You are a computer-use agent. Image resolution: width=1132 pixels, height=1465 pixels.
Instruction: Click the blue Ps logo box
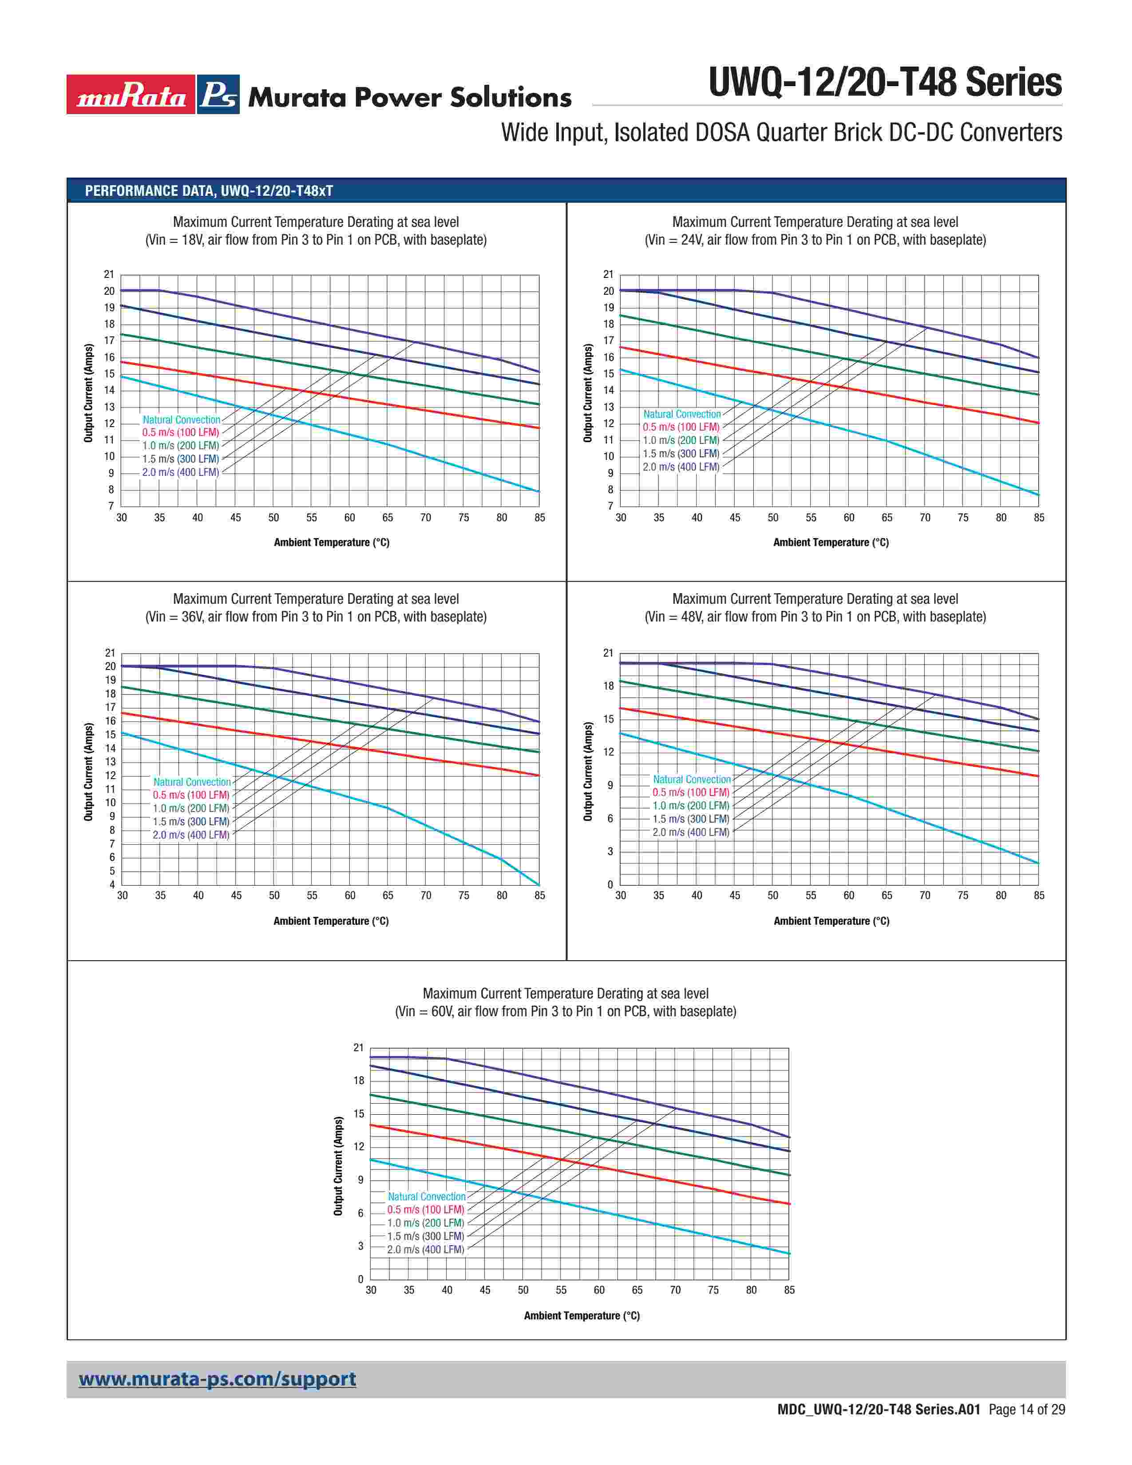tap(218, 95)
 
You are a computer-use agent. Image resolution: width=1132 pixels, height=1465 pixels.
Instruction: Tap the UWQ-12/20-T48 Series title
tap(885, 83)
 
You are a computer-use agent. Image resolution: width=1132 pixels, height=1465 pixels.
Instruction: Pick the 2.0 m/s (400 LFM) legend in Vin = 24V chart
tap(681, 467)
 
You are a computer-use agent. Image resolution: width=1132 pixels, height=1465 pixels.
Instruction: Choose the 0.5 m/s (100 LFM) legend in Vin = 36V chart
tap(191, 795)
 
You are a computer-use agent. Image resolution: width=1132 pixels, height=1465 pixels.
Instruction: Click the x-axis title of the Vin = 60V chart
tap(582, 1315)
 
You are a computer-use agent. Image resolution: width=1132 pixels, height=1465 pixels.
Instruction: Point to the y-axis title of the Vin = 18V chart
tap(88, 393)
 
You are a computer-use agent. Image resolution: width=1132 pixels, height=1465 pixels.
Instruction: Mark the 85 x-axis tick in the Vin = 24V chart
tap(1039, 518)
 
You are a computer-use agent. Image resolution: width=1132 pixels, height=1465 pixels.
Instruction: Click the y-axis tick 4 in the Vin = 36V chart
tap(112, 885)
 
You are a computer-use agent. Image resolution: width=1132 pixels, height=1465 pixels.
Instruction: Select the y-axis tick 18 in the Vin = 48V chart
tap(608, 685)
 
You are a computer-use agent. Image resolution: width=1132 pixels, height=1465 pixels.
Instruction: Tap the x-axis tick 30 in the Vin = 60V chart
tap(371, 1290)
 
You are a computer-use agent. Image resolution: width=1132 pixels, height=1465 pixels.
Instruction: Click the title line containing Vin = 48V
tap(815, 617)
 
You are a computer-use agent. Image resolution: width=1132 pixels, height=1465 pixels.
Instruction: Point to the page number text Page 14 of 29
tap(1027, 1410)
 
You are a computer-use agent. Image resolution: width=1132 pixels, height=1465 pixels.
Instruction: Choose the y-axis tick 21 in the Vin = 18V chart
tap(109, 274)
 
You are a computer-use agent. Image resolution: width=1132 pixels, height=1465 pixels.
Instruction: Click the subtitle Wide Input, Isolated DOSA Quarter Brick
tap(781, 133)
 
